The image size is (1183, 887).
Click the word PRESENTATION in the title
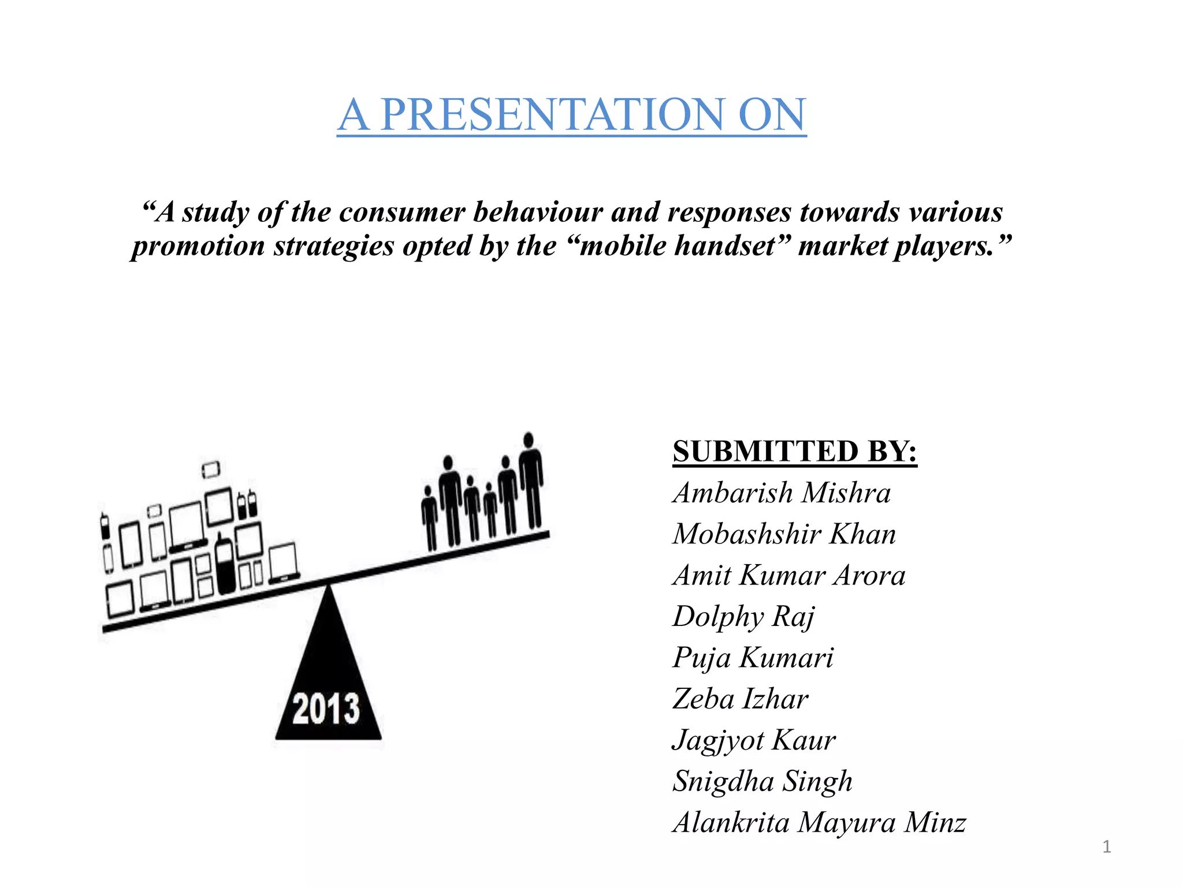[x=552, y=114]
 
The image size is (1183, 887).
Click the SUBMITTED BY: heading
[x=795, y=451]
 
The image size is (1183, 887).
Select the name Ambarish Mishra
[x=782, y=493]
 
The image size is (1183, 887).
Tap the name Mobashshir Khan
[x=784, y=534]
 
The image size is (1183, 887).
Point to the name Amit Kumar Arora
[x=789, y=575]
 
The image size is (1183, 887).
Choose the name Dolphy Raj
[x=743, y=616]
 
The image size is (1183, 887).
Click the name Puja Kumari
[x=753, y=658]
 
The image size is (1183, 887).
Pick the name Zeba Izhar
[x=741, y=699]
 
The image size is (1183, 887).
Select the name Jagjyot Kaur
[x=754, y=740]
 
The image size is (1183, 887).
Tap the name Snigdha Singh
[x=762, y=781]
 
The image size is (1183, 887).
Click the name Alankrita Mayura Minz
[x=819, y=822]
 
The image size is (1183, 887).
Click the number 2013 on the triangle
[x=326, y=709]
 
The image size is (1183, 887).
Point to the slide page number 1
[x=1106, y=847]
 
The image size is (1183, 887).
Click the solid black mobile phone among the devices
[x=224, y=565]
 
